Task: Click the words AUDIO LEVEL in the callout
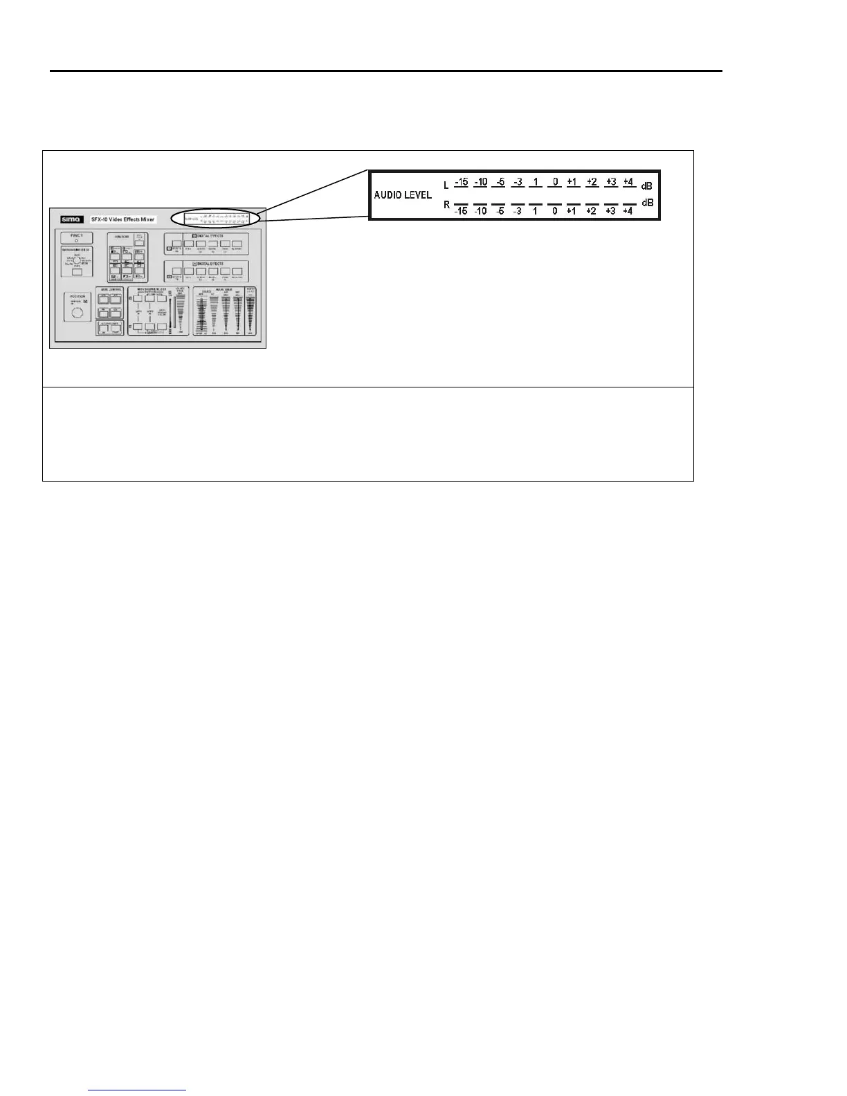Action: click(x=403, y=195)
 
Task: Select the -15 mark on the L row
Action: click(x=462, y=183)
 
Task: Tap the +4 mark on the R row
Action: click(x=628, y=210)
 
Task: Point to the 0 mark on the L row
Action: click(x=555, y=183)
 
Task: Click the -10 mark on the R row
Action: click(x=480, y=210)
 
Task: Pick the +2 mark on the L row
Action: click(x=592, y=183)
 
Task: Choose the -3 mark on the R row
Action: click(x=518, y=210)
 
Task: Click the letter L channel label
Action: click(x=446, y=185)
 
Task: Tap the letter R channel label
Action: click(x=446, y=205)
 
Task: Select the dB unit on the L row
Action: click(x=646, y=186)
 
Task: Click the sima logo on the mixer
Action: click(x=71, y=219)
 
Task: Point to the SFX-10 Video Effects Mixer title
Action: click(x=123, y=219)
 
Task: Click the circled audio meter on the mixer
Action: click(x=216, y=219)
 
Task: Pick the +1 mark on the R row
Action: click(x=572, y=210)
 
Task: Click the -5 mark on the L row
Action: click(x=499, y=183)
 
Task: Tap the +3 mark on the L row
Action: click(x=610, y=183)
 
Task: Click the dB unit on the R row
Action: click(x=646, y=203)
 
